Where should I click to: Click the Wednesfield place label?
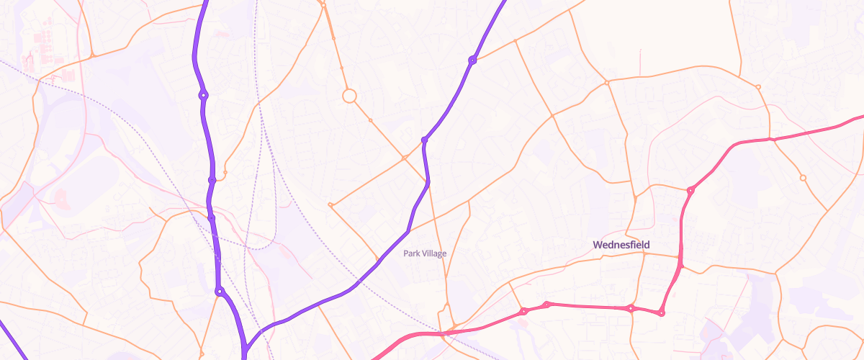coord(621,245)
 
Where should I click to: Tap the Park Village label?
coord(425,253)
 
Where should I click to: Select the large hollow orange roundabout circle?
coord(350,96)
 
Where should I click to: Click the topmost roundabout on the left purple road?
coord(204,94)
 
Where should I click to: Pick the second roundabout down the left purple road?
coord(212,180)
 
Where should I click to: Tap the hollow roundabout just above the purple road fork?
coord(220,292)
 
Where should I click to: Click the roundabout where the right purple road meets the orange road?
coord(472,60)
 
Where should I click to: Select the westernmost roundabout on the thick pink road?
coord(524,311)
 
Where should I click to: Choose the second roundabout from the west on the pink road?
coord(547,305)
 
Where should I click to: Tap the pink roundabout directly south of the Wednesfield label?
coord(631,309)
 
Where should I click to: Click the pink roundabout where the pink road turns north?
coord(661,312)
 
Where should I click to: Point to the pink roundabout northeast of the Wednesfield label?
coord(690,191)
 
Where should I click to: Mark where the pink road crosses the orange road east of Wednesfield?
coord(770,139)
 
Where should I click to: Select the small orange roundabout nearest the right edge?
coord(803,178)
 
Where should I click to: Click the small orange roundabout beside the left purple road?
coord(225,173)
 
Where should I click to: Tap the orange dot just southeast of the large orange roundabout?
coord(370,120)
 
